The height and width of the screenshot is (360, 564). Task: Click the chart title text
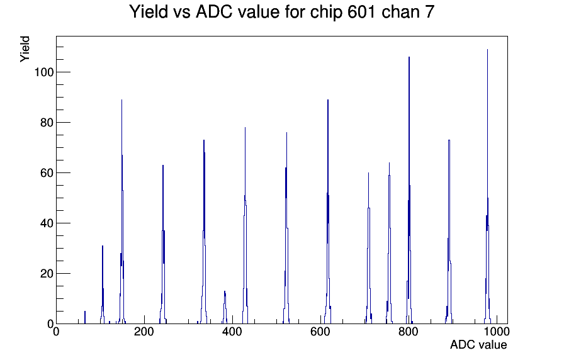pyautogui.click(x=281, y=12)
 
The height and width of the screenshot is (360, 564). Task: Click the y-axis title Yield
pyautogui.click(x=25, y=49)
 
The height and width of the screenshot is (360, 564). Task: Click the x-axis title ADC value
pyautogui.click(x=478, y=344)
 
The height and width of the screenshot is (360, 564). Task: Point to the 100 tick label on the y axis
pyautogui.click(x=44, y=72)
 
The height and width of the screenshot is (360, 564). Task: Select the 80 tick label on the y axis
pyautogui.click(x=47, y=123)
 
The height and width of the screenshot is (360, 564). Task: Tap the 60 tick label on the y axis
pyautogui.click(x=47, y=173)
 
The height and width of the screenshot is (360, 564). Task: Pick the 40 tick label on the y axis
pyautogui.click(x=47, y=223)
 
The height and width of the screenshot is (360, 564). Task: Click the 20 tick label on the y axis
pyautogui.click(x=47, y=274)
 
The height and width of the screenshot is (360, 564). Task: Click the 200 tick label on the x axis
pyautogui.click(x=144, y=332)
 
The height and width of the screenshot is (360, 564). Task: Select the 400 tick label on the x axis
pyautogui.click(x=232, y=332)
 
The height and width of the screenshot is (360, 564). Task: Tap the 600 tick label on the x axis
pyautogui.click(x=320, y=332)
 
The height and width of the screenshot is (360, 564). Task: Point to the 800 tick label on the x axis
pyautogui.click(x=409, y=332)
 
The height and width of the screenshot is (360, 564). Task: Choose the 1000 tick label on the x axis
pyautogui.click(x=496, y=332)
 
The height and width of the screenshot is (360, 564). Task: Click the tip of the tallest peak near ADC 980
pyautogui.click(x=487, y=50)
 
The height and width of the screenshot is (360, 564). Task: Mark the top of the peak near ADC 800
pyautogui.click(x=409, y=57)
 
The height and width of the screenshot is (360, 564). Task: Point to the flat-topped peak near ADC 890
pyautogui.click(x=449, y=140)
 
